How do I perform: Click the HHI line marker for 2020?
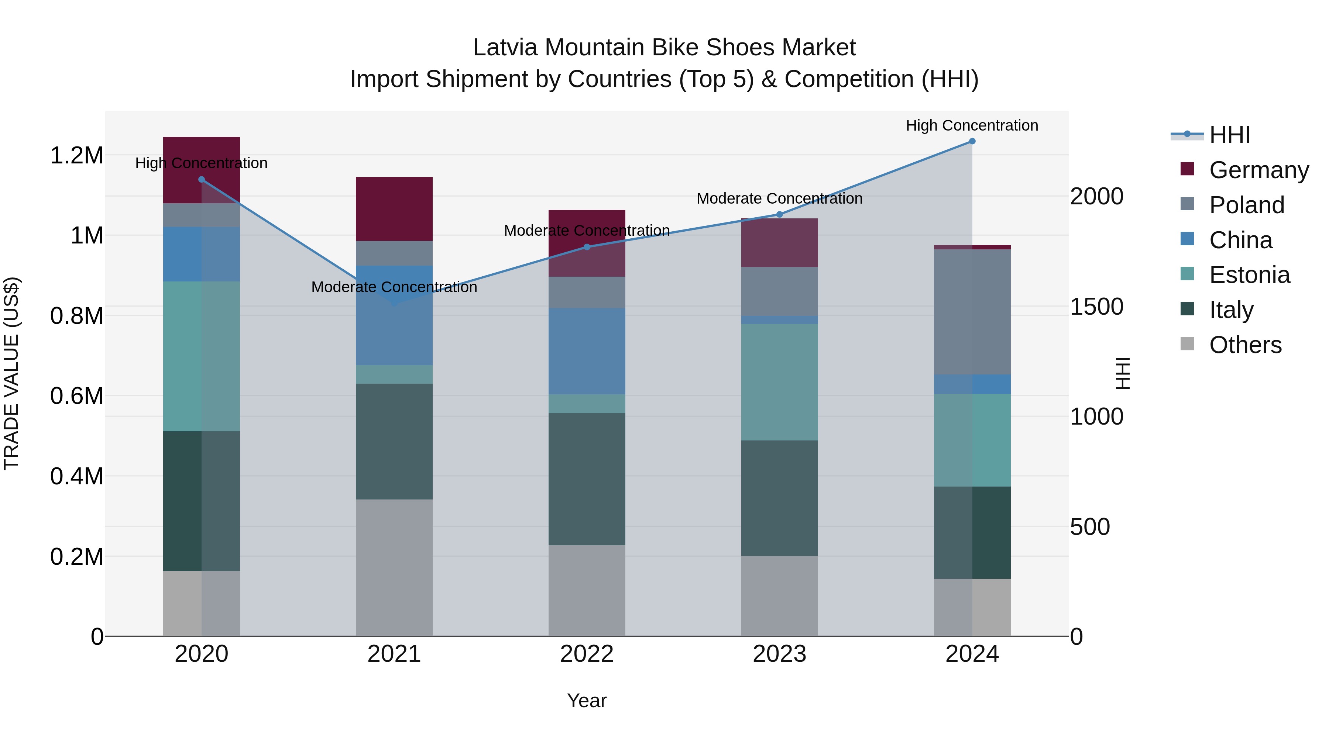tap(202, 179)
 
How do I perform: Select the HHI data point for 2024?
tap(972, 141)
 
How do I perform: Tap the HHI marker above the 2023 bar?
tap(780, 214)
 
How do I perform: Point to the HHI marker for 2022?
tap(587, 247)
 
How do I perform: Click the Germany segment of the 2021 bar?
tap(394, 209)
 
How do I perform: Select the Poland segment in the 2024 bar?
tap(972, 312)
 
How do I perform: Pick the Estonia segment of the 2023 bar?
tap(780, 382)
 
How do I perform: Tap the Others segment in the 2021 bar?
tap(394, 567)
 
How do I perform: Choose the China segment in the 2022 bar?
tap(587, 351)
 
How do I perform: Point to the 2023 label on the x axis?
tap(780, 654)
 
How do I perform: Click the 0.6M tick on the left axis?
tap(77, 396)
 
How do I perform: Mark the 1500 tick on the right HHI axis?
tap(1097, 307)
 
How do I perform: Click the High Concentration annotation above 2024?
tap(972, 125)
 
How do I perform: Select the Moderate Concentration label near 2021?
tap(394, 287)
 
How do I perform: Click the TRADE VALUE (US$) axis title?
tap(11, 373)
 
